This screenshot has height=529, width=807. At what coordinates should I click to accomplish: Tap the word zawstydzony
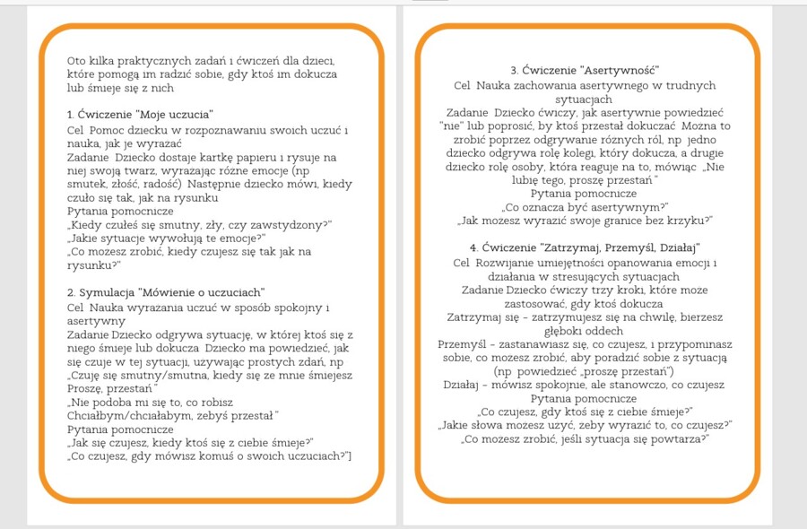[292, 224]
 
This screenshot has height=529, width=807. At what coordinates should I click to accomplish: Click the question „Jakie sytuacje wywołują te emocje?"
[167, 238]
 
